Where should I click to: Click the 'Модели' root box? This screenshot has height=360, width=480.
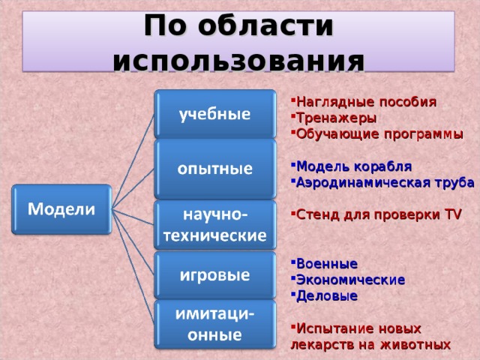pyautogui.click(x=61, y=211)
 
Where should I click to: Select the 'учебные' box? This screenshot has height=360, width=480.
pyautogui.click(x=214, y=115)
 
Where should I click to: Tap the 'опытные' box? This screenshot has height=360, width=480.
pyautogui.click(x=214, y=169)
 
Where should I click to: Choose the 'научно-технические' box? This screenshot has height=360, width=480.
pyautogui.click(x=214, y=224)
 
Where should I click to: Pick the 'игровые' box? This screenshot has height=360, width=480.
pyautogui.click(x=214, y=275)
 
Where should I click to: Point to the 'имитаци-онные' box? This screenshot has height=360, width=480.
pyautogui.click(x=214, y=324)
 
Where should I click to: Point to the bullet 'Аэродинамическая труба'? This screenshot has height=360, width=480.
pyautogui.click(x=385, y=181)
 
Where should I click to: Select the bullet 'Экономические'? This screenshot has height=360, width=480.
pyautogui.click(x=351, y=279)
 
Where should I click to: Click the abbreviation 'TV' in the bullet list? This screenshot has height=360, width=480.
pyautogui.click(x=453, y=214)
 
